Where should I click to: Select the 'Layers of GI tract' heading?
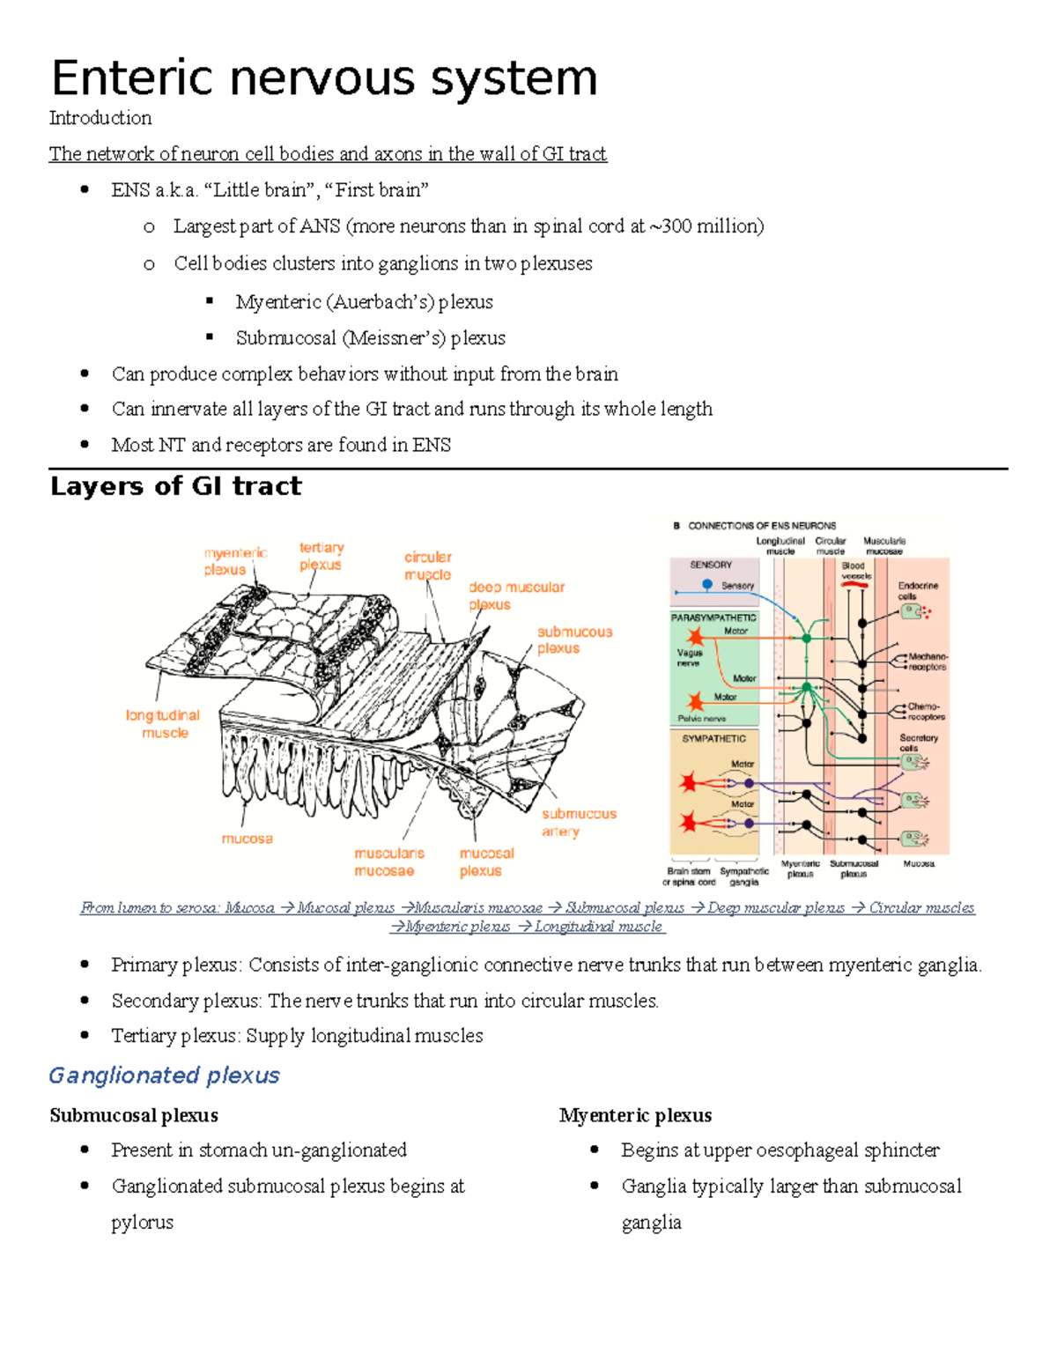(x=175, y=486)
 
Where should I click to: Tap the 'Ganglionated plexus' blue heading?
(x=164, y=1076)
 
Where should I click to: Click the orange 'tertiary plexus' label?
(x=322, y=556)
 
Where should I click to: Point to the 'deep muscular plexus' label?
(x=516, y=595)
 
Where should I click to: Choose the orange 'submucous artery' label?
(x=579, y=822)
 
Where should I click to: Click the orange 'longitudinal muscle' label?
(x=163, y=724)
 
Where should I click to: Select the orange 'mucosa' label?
(x=247, y=839)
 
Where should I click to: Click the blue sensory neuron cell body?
(x=707, y=584)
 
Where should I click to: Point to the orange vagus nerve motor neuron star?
(x=696, y=637)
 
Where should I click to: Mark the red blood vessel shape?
(x=854, y=584)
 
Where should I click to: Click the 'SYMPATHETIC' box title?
(x=713, y=738)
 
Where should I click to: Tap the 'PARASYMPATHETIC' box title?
(x=713, y=617)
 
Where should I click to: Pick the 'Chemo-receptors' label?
(x=926, y=711)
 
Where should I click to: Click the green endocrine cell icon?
(x=912, y=611)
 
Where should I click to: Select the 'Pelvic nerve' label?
(x=702, y=718)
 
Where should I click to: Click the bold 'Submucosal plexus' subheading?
(x=134, y=1115)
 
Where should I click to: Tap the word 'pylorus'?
(x=142, y=1223)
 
